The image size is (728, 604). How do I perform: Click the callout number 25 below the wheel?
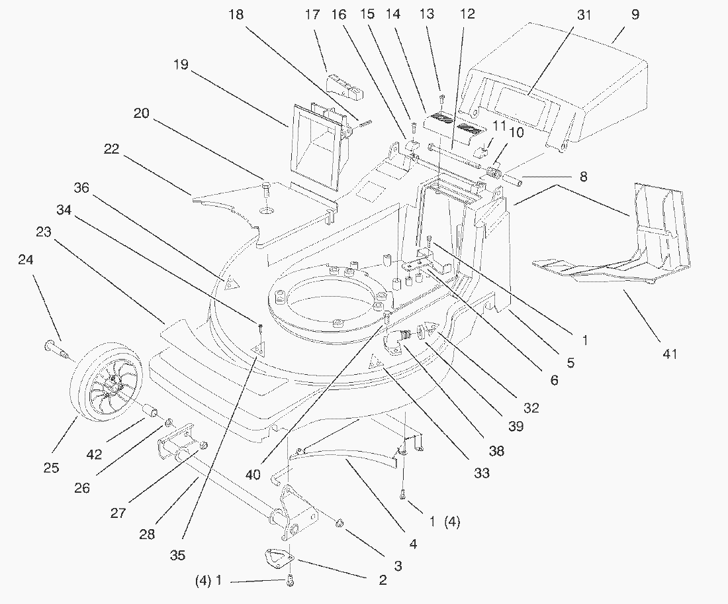(52, 468)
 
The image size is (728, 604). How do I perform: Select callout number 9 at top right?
(635, 15)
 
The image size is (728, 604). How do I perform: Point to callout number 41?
(670, 354)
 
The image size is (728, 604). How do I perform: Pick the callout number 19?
(181, 64)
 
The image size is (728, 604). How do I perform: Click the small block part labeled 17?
(345, 86)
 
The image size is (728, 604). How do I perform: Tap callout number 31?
(584, 15)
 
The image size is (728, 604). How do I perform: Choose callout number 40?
(253, 475)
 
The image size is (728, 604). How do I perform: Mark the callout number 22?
(111, 149)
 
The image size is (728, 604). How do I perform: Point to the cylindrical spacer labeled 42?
(152, 411)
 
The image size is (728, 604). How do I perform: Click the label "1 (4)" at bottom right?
(444, 522)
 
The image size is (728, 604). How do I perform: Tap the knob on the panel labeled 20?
(267, 190)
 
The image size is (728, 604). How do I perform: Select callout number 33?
(482, 473)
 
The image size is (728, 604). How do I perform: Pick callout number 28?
(147, 534)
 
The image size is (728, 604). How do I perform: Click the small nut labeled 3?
(340, 523)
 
